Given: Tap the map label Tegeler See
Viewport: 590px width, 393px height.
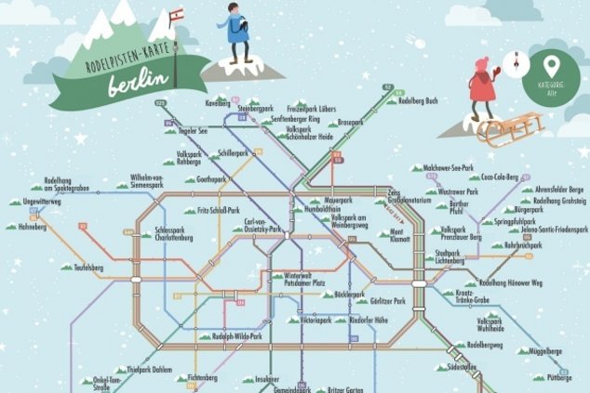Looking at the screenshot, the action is click(x=191, y=132).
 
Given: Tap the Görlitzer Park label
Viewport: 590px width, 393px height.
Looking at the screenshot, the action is click(x=386, y=302).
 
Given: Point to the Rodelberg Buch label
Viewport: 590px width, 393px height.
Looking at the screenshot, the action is click(x=417, y=100).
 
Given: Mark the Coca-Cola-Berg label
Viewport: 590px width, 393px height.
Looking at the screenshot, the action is click(x=499, y=176).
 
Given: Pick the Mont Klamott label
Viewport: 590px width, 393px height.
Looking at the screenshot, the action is click(x=398, y=236).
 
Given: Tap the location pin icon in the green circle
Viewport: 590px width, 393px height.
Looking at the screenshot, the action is click(x=551, y=67).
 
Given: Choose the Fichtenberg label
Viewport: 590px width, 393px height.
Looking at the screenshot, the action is click(x=202, y=378).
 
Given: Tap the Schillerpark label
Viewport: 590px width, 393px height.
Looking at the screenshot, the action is click(x=235, y=151).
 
